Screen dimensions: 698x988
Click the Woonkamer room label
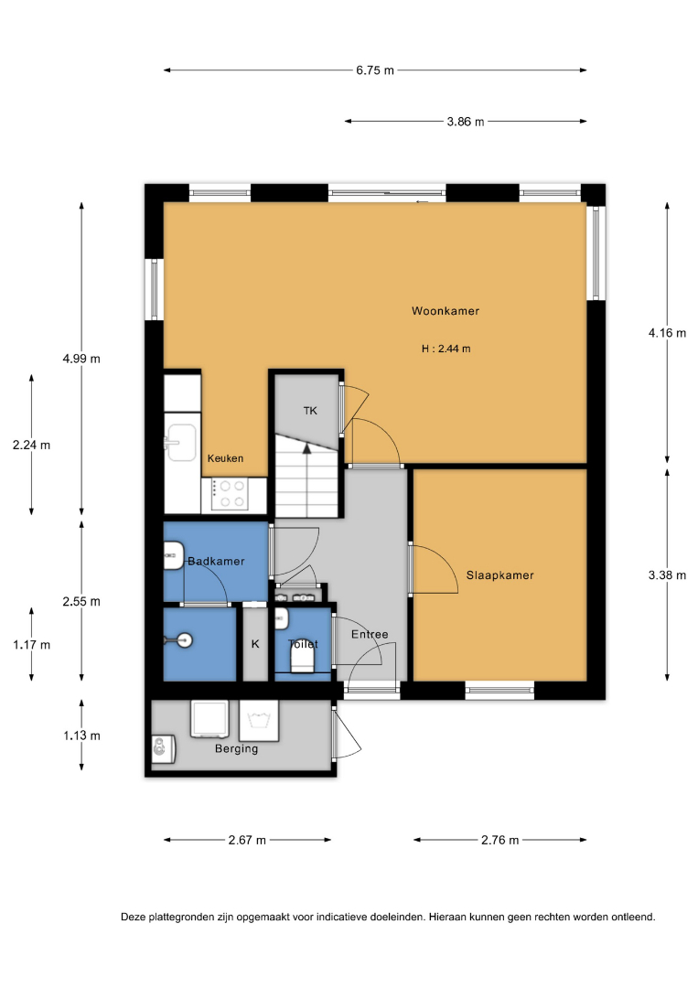tap(446, 311)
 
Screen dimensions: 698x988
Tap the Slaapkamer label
tap(499, 575)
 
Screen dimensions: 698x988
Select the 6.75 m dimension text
tap(375, 70)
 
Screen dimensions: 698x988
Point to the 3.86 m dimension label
tap(466, 121)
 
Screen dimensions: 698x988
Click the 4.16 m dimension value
tap(667, 333)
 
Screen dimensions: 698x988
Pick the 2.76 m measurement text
tap(500, 840)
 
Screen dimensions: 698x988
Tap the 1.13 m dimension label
tap(81, 736)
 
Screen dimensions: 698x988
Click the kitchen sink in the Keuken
tap(181, 443)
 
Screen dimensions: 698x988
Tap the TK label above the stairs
tap(310, 411)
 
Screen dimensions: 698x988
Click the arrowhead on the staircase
tap(306, 448)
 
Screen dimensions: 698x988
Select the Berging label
tap(236, 748)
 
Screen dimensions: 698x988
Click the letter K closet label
tap(255, 644)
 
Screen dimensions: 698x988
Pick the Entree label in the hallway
tap(370, 634)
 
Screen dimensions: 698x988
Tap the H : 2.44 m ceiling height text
tap(446, 349)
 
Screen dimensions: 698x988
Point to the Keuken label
tap(226, 458)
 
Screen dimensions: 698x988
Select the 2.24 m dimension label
tap(31, 445)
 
